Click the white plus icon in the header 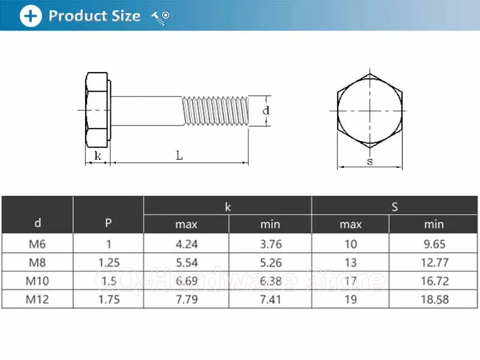tap(31, 16)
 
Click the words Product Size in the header tap(95, 16)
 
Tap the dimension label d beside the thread tap(266, 110)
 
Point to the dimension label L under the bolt tap(179, 155)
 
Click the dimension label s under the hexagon tap(369, 161)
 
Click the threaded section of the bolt tap(215, 110)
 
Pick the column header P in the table tap(108, 223)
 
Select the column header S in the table tap(395, 207)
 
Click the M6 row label tap(37, 244)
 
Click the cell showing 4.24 tap(186, 244)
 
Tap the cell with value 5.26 tap(270, 262)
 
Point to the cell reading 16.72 tap(434, 280)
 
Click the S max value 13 tap(350, 262)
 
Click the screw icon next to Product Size tap(161, 17)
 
